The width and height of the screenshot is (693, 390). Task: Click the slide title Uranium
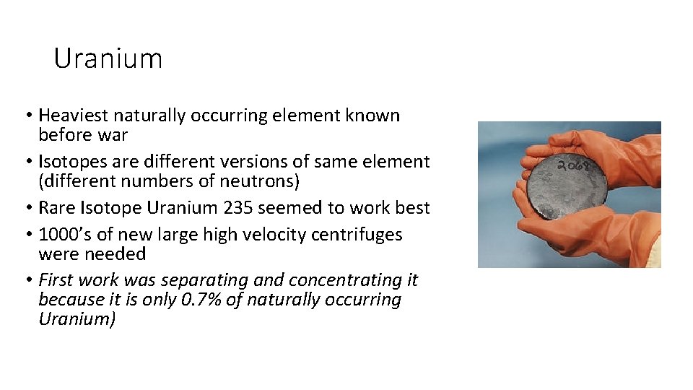pos(108,58)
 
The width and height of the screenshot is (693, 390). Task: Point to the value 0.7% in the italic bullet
pos(200,300)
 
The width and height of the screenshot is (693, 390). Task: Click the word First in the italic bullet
pos(56,280)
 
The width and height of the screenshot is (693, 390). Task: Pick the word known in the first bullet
pos(375,116)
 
